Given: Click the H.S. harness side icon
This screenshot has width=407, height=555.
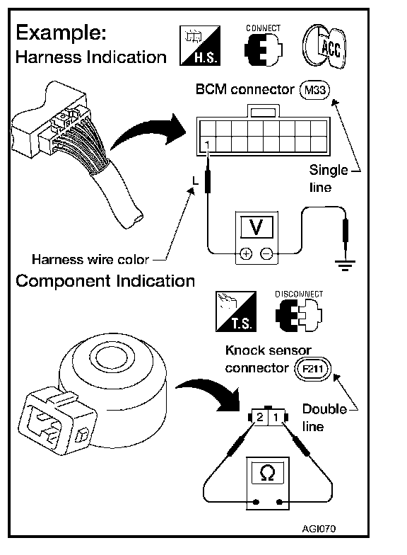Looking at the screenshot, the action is [x=200, y=45].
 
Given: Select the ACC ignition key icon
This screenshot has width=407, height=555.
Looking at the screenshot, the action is [x=324, y=47].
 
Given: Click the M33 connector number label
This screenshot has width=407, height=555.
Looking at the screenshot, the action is [x=314, y=90].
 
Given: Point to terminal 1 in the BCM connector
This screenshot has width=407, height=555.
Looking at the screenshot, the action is [x=207, y=144].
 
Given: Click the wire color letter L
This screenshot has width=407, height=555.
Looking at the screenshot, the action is [x=195, y=181].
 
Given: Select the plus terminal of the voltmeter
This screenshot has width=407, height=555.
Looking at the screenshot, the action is [x=246, y=253].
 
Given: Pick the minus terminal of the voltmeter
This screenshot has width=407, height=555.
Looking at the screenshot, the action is [x=267, y=253].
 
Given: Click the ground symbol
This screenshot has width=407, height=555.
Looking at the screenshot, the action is [x=345, y=265].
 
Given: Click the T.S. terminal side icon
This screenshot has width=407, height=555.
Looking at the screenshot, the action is [x=236, y=311].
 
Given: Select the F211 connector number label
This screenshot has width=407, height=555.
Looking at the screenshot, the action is [x=313, y=369].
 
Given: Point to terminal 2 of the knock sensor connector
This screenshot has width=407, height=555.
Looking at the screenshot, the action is [x=260, y=417].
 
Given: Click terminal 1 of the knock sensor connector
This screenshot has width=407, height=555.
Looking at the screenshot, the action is [x=276, y=417].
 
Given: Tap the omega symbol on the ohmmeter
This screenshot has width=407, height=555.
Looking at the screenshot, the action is [x=267, y=473].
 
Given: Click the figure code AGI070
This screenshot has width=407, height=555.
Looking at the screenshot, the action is [x=319, y=528].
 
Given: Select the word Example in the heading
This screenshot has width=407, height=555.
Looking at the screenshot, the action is [x=61, y=33].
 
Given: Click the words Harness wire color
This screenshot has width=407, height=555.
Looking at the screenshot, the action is [x=90, y=259].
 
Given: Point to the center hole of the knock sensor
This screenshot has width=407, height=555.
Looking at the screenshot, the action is [x=112, y=357].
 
